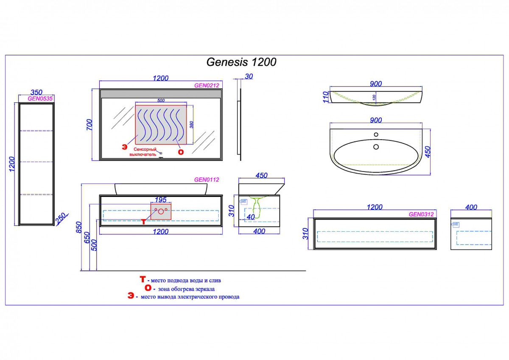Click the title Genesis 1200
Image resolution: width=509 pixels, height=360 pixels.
click(x=241, y=62)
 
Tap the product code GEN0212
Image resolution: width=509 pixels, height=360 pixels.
click(x=206, y=85)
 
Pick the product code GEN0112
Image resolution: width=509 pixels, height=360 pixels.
click(x=206, y=180)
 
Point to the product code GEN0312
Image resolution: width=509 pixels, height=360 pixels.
click(x=421, y=214)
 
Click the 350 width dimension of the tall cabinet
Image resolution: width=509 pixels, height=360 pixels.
click(x=36, y=92)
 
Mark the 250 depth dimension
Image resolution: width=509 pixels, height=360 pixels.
click(x=61, y=219)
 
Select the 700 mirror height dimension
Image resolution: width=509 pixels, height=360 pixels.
click(x=89, y=124)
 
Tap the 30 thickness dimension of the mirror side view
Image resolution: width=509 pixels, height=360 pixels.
click(x=249, y=76)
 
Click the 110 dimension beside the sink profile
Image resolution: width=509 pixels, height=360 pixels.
click(x=326, y=96)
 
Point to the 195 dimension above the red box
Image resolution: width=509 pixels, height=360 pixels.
click(x=161, y=200)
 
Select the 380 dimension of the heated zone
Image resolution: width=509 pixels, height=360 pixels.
click(x=191, y=124)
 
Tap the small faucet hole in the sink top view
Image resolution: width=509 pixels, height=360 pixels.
click(x=376, y=135)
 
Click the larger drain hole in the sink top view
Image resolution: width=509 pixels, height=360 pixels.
click(x=376, y=147)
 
